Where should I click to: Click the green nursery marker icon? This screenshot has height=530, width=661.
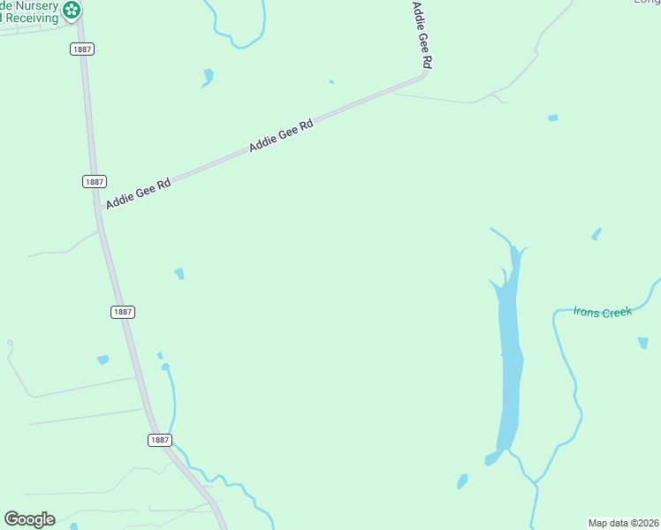(72, 11)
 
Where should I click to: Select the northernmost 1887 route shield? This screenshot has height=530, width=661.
(82, 49)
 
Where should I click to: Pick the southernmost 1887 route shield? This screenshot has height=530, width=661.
(159, 440)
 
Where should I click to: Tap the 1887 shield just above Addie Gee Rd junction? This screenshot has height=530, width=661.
(95, 181)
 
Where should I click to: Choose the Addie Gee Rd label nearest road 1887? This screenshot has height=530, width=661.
(138, 194)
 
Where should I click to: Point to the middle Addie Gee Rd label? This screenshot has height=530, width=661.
(281, 136)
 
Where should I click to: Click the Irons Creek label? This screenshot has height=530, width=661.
(603, 312)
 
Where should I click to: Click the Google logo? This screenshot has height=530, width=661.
(29, 519)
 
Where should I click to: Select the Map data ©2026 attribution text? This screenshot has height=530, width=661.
(623, 522)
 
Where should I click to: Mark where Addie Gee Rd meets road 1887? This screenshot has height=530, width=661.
(99, 213)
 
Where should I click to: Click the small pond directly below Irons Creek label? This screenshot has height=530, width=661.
(642, 343)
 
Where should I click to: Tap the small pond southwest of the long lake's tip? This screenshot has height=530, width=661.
(461, 481)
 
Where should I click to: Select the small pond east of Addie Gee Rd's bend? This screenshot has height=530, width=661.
(553, 117)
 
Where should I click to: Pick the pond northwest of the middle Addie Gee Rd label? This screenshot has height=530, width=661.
(208, 77)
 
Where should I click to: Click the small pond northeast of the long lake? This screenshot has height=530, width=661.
(596, 234)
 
